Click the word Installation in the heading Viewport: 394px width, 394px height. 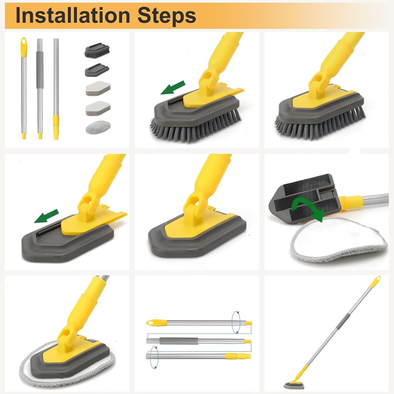(x=73, y=15)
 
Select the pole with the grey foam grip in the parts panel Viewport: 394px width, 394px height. (x=40, y=89)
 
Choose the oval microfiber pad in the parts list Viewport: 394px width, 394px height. (x=98, y=127)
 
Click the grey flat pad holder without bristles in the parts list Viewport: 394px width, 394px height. (x=97, y=70)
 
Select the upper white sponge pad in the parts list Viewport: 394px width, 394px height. (x=98, y=88)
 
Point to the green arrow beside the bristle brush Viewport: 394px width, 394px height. (x=173, y=88)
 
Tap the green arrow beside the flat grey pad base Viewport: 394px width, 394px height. (x=47, y=216)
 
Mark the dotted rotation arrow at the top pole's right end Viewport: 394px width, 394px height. (x=236, y=322)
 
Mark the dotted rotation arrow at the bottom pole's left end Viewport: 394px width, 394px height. (x=154, y=357)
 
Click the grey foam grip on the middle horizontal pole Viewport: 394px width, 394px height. (x=179, y=341)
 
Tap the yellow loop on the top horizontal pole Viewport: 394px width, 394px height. (x=156, y=323)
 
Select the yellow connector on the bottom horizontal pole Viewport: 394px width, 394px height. (x=238, y=356)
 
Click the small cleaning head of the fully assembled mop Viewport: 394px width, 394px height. (x=294, y=386)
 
